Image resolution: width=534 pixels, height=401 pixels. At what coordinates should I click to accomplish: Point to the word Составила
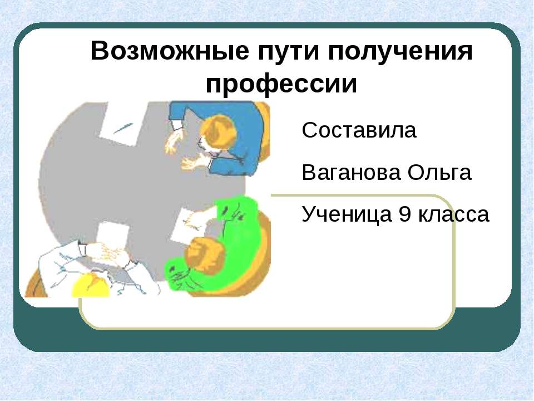tap(359, 131)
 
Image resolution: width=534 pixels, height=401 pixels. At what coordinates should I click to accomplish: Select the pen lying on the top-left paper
tap(123, 129)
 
